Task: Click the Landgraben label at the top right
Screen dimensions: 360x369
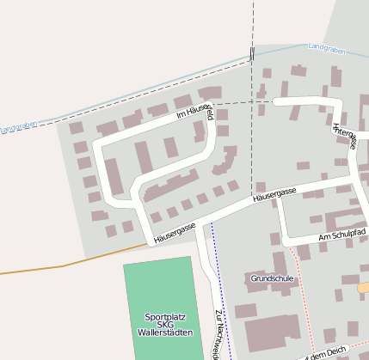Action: pyautogui.click(x=326, y=51)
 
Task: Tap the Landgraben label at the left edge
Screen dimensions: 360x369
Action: pyautogui.click(x=18, y=128)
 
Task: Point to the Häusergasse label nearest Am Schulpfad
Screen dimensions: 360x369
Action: pyautogui.click(x=274, y=195)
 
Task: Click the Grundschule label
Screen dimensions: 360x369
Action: pyautogui.click(x=272, y=278)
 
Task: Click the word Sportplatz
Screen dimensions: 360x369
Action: pyautogui.click(x=164, y=316)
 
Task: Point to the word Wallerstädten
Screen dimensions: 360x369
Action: pyautogui.click(x=164, y=333)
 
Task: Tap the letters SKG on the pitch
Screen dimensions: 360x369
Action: pyautogui.click(x=164, y=324)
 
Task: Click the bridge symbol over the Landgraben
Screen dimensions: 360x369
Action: pyautogui.click(x=252, y=54)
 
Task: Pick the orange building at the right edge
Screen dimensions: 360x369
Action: pyautogui.click(x=364, y=287)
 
